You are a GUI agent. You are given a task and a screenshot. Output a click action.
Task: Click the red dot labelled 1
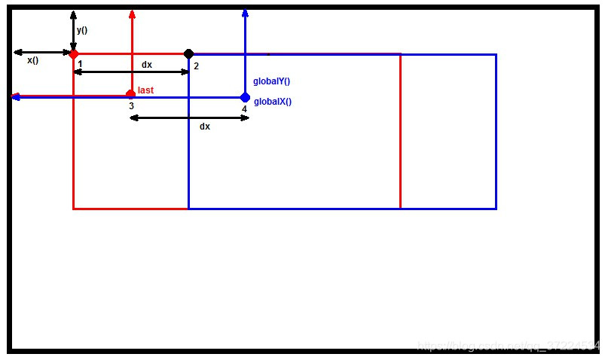73,53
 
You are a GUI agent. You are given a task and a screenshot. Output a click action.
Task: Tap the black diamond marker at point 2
188,53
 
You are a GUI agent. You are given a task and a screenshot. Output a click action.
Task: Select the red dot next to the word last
131,94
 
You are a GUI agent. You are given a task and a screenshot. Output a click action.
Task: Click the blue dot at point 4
245,97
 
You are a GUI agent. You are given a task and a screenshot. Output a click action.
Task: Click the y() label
82,31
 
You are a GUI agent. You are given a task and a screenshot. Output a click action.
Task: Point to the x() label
32,60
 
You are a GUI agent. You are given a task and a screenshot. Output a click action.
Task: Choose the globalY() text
272,81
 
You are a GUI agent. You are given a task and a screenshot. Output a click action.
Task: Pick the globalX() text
273,102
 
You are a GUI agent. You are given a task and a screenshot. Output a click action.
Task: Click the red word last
145,90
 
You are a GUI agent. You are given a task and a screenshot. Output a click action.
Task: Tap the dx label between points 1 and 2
147,65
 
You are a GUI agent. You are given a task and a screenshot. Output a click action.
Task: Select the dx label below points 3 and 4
205,127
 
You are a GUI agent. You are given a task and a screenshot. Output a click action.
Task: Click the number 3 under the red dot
131,106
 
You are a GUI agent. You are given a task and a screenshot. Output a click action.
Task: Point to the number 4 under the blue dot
244,109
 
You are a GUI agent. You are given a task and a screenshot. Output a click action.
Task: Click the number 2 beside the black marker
196,66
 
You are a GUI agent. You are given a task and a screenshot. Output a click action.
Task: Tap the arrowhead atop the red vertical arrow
132,13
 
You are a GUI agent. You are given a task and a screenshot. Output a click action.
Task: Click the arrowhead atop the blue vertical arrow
246,13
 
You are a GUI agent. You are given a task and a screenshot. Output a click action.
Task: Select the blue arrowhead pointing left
15,97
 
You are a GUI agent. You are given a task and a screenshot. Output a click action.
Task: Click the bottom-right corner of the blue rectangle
496,208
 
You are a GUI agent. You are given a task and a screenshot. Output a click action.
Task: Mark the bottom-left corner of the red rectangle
73,208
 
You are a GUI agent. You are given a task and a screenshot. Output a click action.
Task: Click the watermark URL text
509,346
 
